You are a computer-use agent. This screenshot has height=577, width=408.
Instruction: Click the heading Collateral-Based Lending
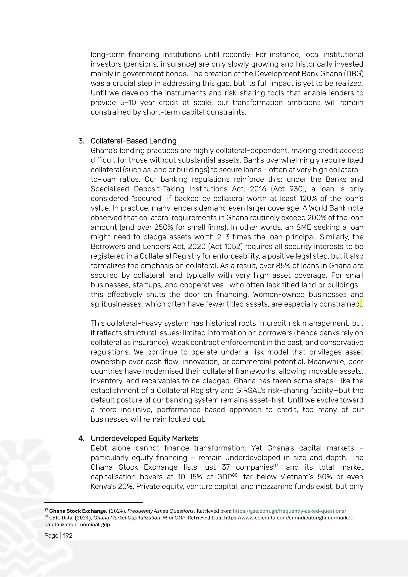click(x=133, y=141)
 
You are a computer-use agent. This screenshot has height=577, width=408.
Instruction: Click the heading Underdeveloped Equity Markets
click(x=144, y=439)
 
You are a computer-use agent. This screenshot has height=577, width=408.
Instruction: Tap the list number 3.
click(x=81, y=141)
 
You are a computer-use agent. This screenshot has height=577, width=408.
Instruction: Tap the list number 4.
click(x=81, y=439)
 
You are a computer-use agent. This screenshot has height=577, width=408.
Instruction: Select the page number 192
click(x=68, y=536)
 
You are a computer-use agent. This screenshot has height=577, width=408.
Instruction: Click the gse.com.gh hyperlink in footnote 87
click(x=289, y=511)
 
